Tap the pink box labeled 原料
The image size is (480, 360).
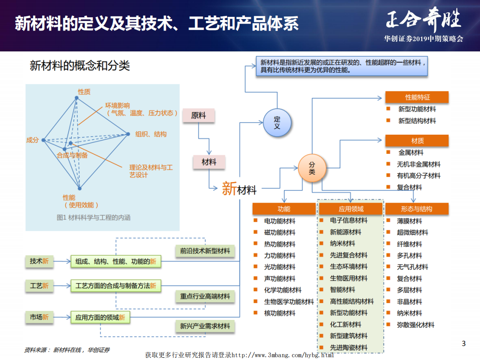pos(198,116)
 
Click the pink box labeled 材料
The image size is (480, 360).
pos(209,162)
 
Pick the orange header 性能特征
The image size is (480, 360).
pos(417,97)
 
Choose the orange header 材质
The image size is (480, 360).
pos(417,141)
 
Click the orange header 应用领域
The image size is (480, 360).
pos(351,209)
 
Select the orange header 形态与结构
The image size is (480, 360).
pos(417,209)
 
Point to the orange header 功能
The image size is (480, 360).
pos(284,209)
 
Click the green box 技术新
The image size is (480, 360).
pos(39,261)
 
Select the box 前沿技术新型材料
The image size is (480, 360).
pos(205,251)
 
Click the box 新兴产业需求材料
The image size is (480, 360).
pos(205,326)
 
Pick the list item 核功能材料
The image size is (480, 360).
pos(280,313)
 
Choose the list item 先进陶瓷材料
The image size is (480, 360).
pos(349,348)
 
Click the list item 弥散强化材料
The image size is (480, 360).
pos(416,325)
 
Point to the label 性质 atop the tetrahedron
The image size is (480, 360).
pos(84,91)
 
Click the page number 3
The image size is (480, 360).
pos(464,344)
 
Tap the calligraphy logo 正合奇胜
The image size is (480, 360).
pos(423,21)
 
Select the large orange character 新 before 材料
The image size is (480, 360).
pos(229,188)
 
